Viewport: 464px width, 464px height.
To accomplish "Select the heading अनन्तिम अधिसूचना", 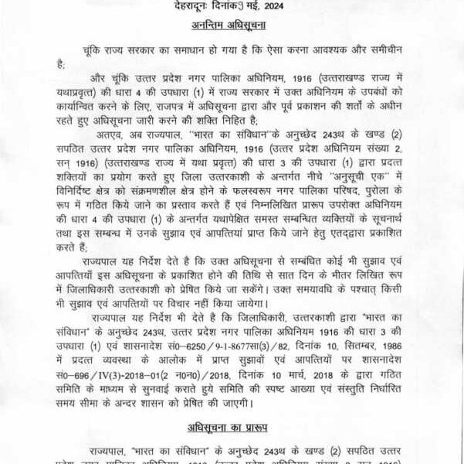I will tap(232, 25).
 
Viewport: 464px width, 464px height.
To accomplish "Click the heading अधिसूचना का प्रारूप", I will tap(232, 425).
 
